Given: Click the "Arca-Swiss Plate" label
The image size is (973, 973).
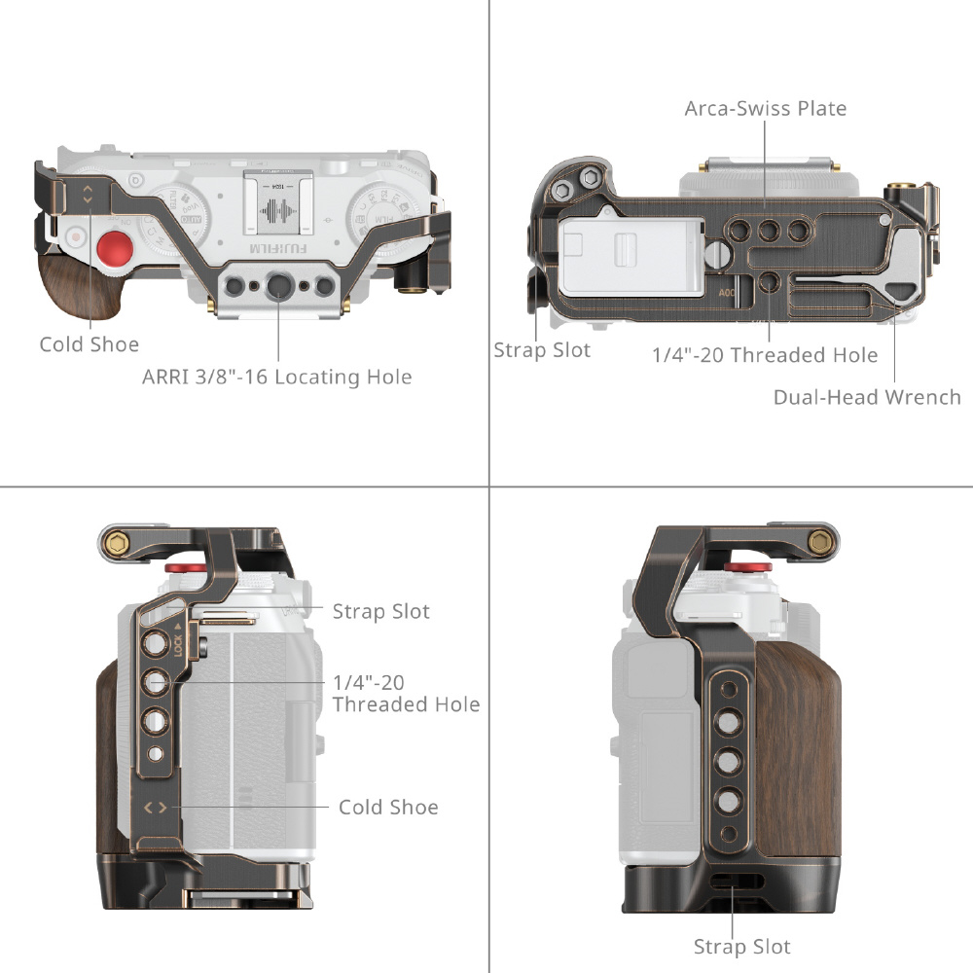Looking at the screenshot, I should pyautogui.click(x=765, y=108).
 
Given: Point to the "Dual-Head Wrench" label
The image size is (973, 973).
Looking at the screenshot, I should pyautogui.click(x=866, y=397).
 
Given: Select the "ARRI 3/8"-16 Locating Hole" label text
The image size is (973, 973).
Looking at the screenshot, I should pyautogui.click(x=277, y=377).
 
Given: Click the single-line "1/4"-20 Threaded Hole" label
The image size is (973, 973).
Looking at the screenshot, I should pyautogui.click(x=765, y=355).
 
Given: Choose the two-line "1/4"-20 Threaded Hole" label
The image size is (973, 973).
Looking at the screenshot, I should pyautogui.click(x=406, y=693).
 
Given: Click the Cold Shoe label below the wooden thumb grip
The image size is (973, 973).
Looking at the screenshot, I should pyautogui.click(x=89, y=344).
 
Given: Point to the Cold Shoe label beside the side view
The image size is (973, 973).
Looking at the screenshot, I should pyautogui.click(x=388, y=807).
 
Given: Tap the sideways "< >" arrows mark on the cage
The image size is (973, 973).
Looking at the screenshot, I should pyautogui.click(x=156, y=808).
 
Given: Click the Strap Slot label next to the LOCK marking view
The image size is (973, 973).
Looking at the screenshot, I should pyautogui.click(x=380, y=611).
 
